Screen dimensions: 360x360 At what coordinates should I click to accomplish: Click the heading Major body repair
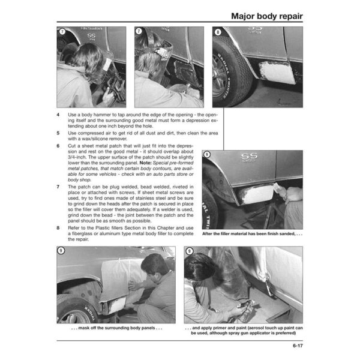267,16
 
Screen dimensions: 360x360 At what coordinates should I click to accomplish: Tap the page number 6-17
298,346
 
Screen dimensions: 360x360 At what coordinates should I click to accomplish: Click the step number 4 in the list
58,115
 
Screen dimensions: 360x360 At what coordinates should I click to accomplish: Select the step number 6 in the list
58,146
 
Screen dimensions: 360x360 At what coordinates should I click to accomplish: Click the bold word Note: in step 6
146,163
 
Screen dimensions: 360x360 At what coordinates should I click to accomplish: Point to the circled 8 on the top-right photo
218,32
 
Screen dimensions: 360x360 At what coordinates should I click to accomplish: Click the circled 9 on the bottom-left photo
61,250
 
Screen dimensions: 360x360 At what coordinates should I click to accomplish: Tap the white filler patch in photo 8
277,73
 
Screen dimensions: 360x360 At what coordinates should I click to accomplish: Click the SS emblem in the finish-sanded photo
249,157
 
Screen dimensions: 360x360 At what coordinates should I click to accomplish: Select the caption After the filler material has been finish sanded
252,234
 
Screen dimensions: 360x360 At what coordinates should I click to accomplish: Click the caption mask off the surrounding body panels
116,328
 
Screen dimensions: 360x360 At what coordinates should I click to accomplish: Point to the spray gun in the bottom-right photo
246,310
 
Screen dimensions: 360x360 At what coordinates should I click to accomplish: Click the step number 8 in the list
58,228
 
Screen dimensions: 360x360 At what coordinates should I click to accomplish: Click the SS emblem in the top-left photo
91,36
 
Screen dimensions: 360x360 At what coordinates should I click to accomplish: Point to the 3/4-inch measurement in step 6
77,157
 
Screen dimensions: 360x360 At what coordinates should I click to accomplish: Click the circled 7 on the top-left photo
62,31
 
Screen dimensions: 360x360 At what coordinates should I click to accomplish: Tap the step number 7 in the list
58,187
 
